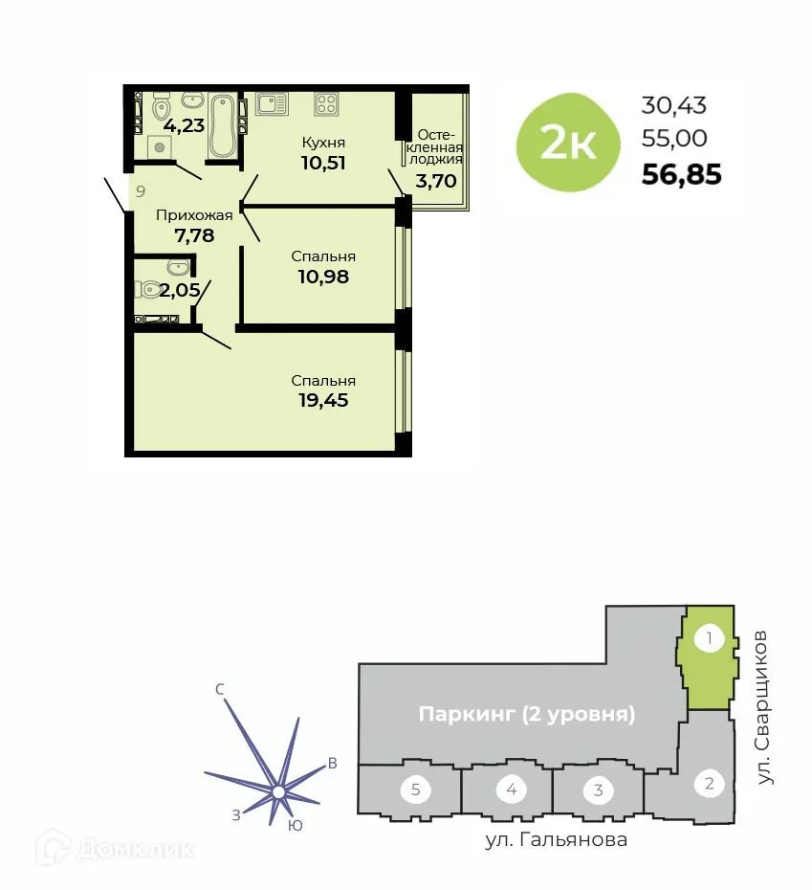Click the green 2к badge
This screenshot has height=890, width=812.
pos(568,143)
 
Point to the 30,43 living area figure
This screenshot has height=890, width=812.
pos(674,106)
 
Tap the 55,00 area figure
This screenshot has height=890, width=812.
pos(674,139)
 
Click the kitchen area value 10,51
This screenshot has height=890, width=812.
pos(322,162)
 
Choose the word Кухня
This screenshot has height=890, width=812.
pos(322,143)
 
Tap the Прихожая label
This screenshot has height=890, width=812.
pos(194,215)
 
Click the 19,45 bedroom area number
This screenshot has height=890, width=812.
pos(322,400)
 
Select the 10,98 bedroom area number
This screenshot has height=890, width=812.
pos(322,277)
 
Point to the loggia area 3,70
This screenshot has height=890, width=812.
pos(436,179)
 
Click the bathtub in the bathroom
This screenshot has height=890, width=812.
pos(223,124)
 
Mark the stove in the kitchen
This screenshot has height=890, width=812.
pos(326,103)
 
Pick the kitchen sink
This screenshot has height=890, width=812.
pos(272,103)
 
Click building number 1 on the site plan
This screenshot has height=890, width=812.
pos(709,637)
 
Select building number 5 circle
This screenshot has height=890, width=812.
pos(416,790)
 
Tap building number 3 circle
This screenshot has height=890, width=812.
pos(598,790)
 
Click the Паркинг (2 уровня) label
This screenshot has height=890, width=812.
pos(527,714)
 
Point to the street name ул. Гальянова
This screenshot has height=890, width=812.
pos(556,840)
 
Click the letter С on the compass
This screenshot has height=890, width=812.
pos(220,689)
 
